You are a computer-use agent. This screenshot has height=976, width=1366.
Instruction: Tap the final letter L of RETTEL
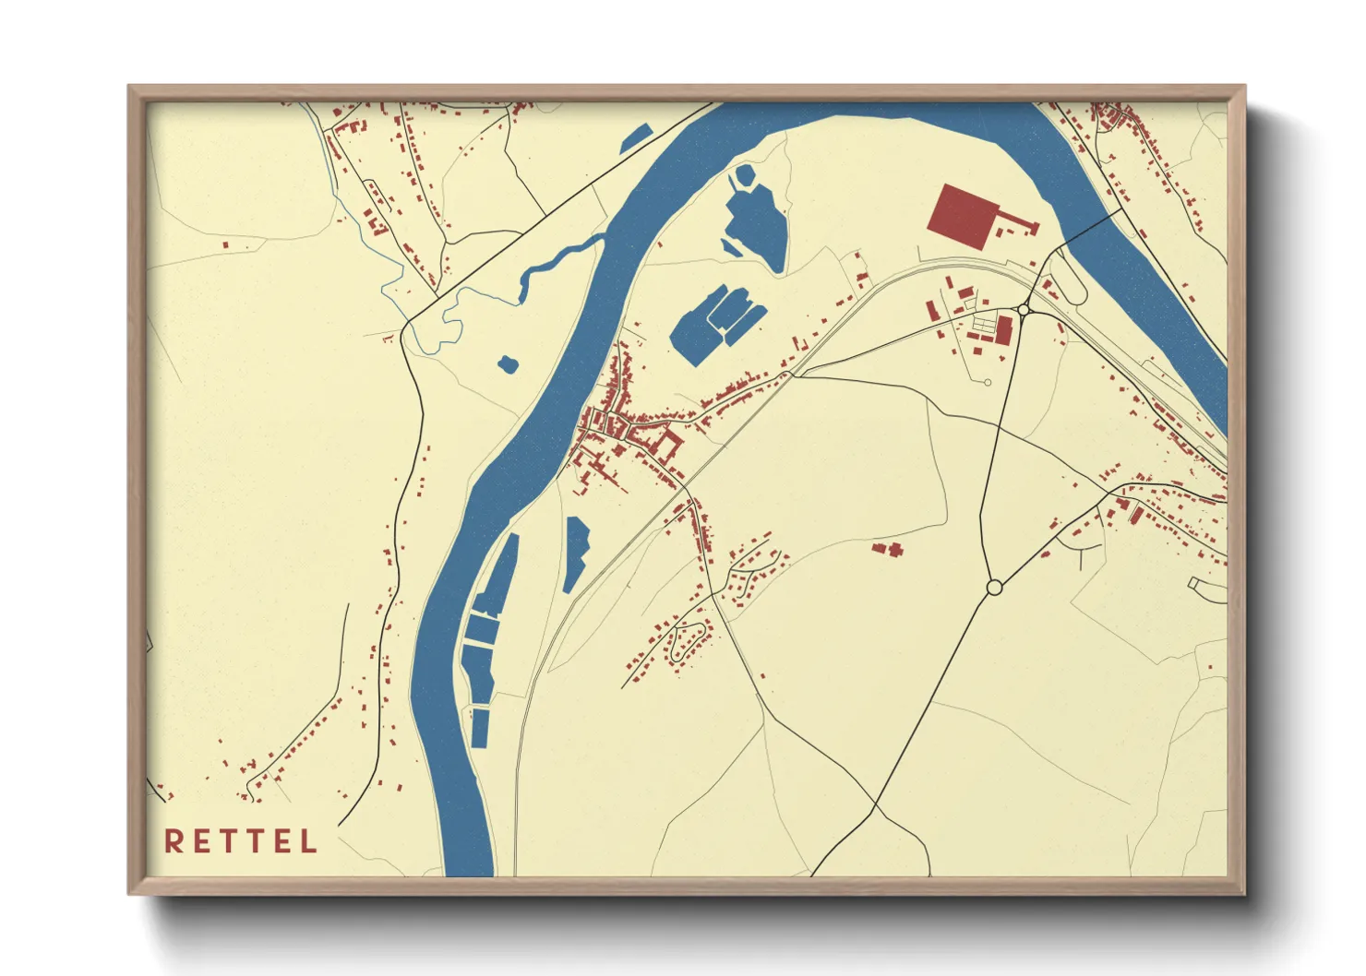point(309,841)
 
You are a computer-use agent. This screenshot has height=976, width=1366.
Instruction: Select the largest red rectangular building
point(964,216)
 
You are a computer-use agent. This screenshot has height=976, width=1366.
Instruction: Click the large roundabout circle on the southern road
point(994,587)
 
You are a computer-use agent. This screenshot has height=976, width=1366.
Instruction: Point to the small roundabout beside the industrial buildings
point(1024,311)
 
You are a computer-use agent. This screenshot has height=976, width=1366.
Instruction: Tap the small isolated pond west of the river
point(508,364)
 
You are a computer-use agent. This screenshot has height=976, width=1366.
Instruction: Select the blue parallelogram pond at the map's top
point(637,137)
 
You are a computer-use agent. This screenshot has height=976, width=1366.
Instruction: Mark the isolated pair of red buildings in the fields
point(888,550)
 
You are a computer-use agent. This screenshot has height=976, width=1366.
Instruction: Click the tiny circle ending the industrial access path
point(988,382)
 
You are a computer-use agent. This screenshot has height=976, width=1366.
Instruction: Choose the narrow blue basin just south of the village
point(576,553)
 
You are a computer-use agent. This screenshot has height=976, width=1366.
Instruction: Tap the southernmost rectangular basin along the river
point(480,728)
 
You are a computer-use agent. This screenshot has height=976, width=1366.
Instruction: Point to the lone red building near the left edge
point(225,244)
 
